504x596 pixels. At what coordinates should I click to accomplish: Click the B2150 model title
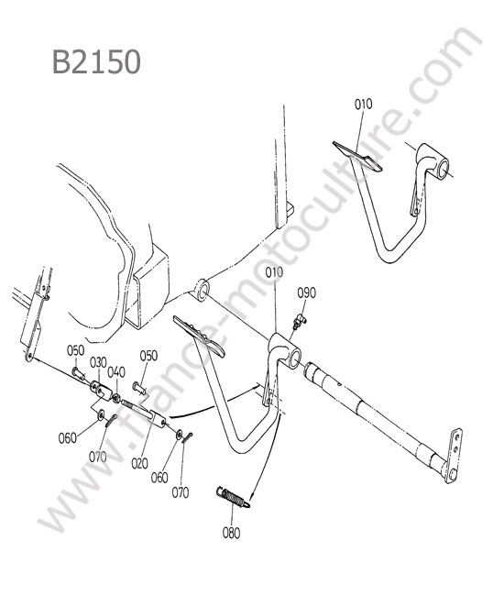click(96, 61)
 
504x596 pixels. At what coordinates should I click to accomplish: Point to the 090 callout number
click(306, 293)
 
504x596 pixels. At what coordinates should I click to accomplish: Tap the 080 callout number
click(231, 533)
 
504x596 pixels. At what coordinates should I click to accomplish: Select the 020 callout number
click(140, 463)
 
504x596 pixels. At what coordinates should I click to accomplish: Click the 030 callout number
click(98, 362)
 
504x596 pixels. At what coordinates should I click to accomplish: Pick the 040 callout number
click(116, 372)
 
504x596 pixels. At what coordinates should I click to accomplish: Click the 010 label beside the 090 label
click(274, 272)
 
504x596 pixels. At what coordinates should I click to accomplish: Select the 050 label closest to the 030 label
click(75, 350)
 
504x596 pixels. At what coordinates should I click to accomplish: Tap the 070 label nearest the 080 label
click(181, 492)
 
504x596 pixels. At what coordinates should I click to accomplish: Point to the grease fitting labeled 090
click(300, 322)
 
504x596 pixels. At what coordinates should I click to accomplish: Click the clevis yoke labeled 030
click(102, 391)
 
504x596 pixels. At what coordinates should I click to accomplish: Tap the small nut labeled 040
click(116, 398)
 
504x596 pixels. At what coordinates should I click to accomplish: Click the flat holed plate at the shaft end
click(455, 456)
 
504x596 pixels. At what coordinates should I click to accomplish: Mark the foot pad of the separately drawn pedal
click(357, 156)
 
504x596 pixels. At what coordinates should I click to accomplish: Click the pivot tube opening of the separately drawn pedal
click(443, 168)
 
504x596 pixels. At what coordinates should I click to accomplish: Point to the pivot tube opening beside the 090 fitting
click(295, 359)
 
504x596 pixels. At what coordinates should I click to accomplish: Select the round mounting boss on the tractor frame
click(202, 290)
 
